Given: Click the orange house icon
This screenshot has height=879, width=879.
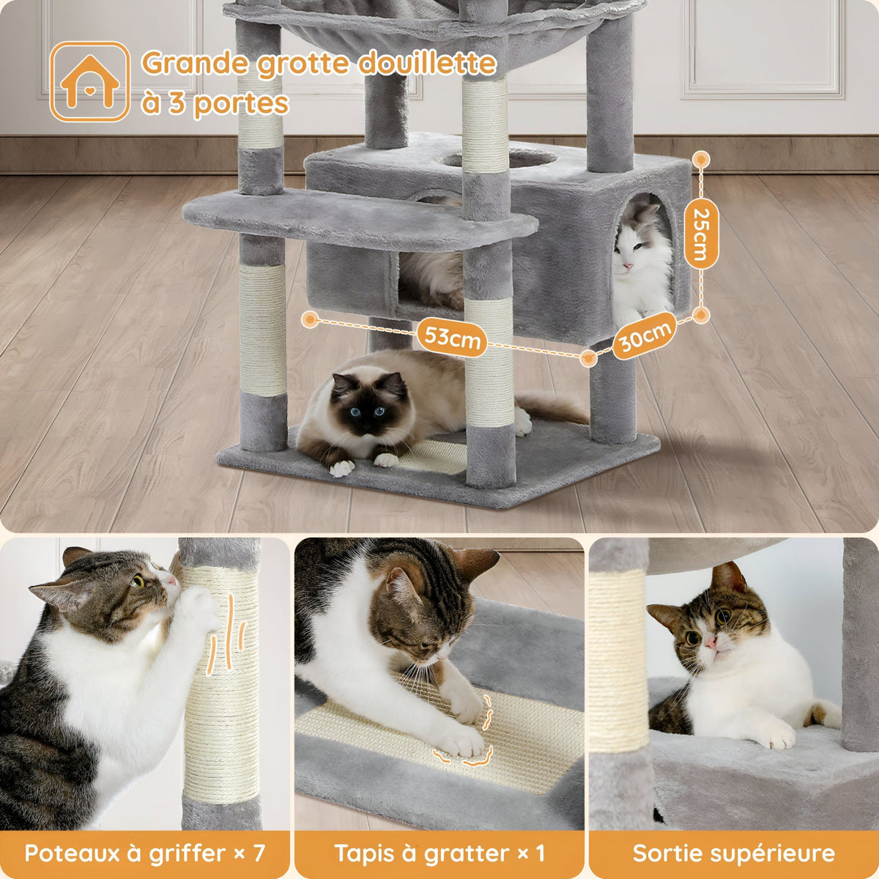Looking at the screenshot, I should pos(89,81).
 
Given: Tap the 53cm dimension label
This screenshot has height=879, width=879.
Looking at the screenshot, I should pos(453,339).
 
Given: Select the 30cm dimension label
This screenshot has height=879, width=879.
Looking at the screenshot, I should pos(643,335).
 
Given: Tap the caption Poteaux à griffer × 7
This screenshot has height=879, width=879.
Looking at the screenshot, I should pos(144,853).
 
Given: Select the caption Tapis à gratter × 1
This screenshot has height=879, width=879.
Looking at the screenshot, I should pos(439,853).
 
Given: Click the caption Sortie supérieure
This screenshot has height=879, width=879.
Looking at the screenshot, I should pos(733,853).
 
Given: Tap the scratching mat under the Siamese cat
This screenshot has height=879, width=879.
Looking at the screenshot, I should pos(432,456).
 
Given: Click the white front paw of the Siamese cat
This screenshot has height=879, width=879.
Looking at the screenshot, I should pos(341,467).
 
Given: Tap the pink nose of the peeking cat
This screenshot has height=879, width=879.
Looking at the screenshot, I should pos(709,643).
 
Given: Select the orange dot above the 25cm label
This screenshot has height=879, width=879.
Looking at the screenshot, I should pos(701,158).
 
